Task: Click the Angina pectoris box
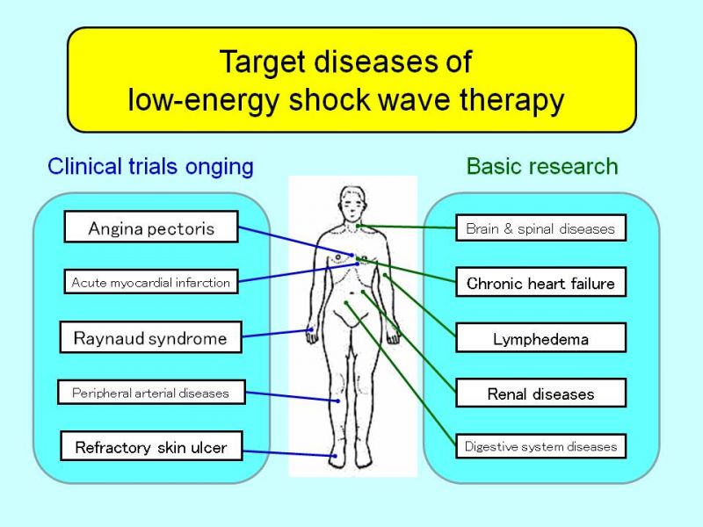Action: pyautogui.click(x=151, y=227)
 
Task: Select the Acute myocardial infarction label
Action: pyautogui.click(x=151, y=282)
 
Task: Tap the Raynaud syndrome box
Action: pyautogui.click(x=150, y=337)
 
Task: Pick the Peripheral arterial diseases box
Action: pyautogui.click(x=151, y=393)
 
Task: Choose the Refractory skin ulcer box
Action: pyautogui.click(x=151, y=446)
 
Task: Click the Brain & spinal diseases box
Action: pyautogui.click(x=540, y=228)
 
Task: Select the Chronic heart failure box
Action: pyautogui.click(x=540, y=282)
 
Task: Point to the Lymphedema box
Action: pyautogui.click(x=540, y=338)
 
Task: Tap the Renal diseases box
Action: pyautogui.click(x=540, y=393)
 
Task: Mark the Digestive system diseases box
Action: pyautogui.click(x=540, y=446)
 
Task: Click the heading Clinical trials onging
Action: pyautogui.click(x=150, y=167)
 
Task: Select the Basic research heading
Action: pyautogui.click(x=542, y=166)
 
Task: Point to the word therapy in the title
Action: pyautogui.click(x=511, y=100)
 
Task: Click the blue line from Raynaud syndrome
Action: pyautogui.click(x=277, y=333)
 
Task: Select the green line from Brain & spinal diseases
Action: pyautogui.click(x=407, y=227)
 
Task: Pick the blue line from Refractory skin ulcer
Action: pyautogui.click(x=289, y=453)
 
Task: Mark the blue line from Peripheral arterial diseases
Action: pyautogui.click(x=293, y=397)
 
